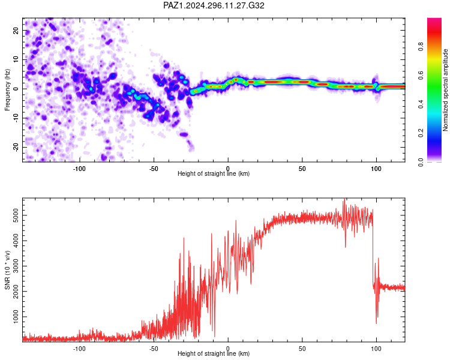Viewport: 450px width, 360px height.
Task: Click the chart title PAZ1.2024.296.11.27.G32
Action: click(214, 5)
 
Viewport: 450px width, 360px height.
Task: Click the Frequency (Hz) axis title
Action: click(7, 90)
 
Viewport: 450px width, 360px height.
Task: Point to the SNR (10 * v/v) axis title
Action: click(7, 270)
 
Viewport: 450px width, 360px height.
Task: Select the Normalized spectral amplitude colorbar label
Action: click(445, 90)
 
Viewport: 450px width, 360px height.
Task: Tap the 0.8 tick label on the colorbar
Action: click(421, 46)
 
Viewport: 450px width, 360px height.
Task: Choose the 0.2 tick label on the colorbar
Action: click(421, 133)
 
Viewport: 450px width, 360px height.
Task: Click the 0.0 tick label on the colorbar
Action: click(421, 162)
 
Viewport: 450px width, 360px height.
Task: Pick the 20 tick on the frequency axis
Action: click(16, 31)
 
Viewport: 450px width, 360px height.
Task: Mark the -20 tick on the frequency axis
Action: click(16, 147)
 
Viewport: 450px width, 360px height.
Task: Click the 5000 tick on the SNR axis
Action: click(16, 215)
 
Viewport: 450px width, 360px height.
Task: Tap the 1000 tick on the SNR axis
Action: click(16, 317)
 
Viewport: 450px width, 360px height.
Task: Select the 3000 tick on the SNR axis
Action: click(16, 266)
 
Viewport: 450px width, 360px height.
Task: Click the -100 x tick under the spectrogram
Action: click(79, 169)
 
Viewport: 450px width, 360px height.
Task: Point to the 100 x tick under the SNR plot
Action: click(376, 349)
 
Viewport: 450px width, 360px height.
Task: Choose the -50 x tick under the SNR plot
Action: click(154, 349)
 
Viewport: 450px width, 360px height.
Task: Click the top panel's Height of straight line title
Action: click(214, 173)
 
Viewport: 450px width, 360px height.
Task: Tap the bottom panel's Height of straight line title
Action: click(214, 353)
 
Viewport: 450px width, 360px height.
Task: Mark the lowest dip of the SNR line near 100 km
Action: click(376, 323)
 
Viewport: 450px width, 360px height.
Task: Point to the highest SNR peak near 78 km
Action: click(344, 199)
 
